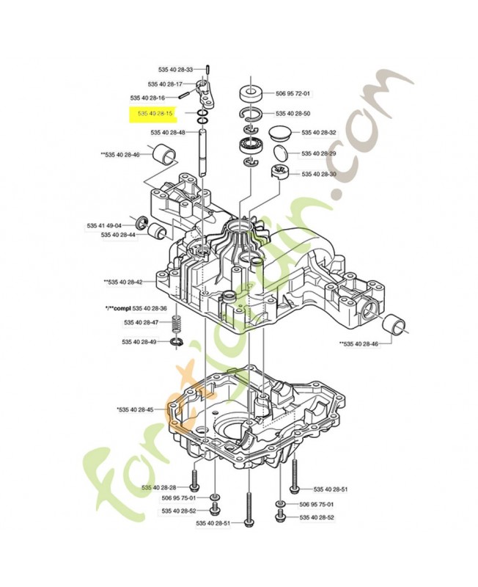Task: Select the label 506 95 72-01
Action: point(293,94)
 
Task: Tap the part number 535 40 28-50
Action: point(293,114)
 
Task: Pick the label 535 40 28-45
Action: point(134,409)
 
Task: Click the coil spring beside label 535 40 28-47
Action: point(176,323)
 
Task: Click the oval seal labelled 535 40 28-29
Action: point(281,154)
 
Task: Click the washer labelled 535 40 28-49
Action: point(177,343)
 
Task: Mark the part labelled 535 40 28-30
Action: point(279,173)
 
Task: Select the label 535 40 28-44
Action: point(119,235)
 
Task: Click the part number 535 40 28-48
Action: point(168,133)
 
